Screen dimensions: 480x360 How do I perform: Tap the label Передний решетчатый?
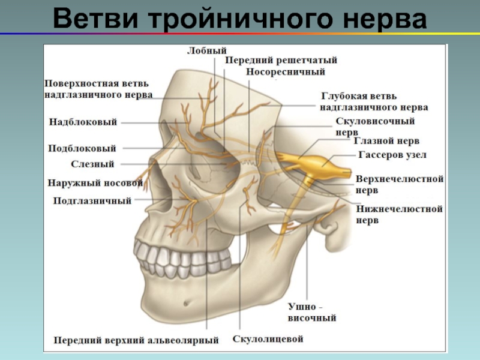pos(281,61)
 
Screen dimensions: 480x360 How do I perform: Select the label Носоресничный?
pos(286,72)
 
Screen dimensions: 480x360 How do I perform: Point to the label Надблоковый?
pos(83,122)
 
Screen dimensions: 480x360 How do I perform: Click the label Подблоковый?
pos(82,148)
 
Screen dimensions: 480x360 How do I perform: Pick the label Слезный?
pos(92,164)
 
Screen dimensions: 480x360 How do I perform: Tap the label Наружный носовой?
pos(95,182)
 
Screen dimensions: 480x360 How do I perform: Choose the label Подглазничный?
pos(92,201)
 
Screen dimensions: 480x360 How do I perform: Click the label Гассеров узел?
pos(392,155)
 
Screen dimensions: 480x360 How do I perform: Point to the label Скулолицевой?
pos(268,339)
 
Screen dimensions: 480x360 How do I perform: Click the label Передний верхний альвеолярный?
pos(136,340)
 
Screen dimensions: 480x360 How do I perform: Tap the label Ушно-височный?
pos(312,313)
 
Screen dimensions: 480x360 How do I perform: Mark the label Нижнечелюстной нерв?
pos(399,214)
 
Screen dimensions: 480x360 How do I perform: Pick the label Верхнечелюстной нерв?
pos(399,184)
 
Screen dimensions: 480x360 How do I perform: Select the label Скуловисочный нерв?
pos(375,125)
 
